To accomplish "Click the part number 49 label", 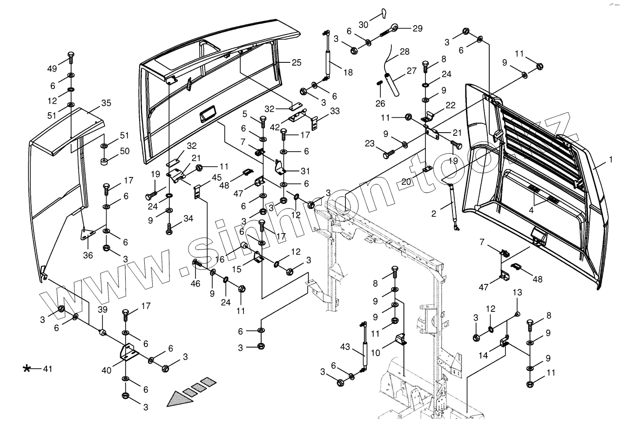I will coord(52,69).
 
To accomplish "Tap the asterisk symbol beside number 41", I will coord(27,369).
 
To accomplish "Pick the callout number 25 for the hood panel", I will coord(297,62).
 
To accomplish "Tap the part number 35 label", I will coord(106,103).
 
